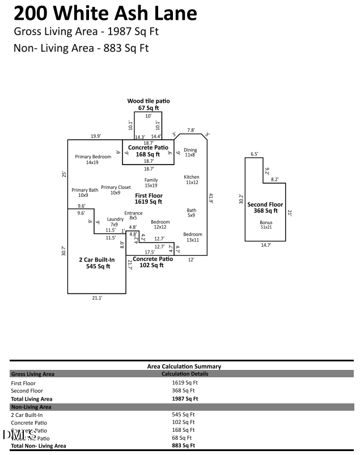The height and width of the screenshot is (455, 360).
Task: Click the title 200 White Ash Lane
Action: point(105,13)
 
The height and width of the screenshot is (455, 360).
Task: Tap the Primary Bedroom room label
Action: point(93,159)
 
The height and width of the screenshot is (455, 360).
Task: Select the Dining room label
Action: point(190,152)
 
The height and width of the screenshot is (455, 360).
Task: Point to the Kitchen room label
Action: point(192,180)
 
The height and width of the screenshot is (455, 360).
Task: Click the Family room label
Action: point(151,183)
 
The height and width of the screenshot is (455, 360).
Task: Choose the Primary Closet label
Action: point(116,190)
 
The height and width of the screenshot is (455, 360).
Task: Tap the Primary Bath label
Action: point(84,193)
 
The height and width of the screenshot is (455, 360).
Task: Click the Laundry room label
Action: point(115,222)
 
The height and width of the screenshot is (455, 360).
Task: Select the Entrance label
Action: point(133,216)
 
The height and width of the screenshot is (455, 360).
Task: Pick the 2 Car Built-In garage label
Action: point(96,263)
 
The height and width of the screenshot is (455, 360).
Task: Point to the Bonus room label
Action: point(266,225)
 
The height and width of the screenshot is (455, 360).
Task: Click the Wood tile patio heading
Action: point(149,101)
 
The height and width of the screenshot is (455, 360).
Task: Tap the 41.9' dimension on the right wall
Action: point(211,199)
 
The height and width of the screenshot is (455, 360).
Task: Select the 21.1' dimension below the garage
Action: point(96,297)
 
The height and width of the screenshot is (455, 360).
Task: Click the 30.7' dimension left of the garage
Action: point(64,251)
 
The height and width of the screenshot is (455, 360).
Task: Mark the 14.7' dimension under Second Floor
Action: point(266,245)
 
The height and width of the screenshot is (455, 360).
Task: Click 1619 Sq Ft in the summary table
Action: point(184,383)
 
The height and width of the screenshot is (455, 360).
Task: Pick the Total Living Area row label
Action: point(32,399)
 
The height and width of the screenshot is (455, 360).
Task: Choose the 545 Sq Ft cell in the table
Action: point(184,415)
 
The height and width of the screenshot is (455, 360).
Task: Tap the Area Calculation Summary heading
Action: point(184,366)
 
